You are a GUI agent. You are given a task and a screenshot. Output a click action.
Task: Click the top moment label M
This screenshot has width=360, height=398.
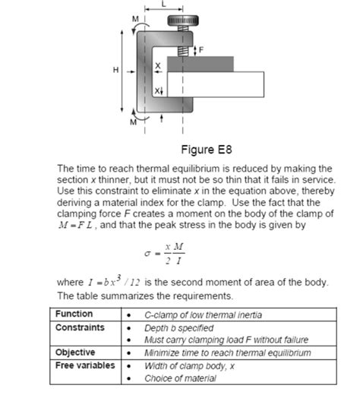coord(136,17)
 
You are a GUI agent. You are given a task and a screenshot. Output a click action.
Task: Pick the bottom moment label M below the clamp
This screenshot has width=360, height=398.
coord(134,121)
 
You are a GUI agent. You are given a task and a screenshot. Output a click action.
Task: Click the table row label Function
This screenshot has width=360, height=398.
coord(74,314)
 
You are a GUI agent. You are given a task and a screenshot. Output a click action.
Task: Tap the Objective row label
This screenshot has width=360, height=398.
coord(76,352)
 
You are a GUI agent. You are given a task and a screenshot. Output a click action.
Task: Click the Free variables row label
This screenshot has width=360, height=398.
coord(85,365)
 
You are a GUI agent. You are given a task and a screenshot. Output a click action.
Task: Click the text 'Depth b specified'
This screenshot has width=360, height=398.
coord(179,327)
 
